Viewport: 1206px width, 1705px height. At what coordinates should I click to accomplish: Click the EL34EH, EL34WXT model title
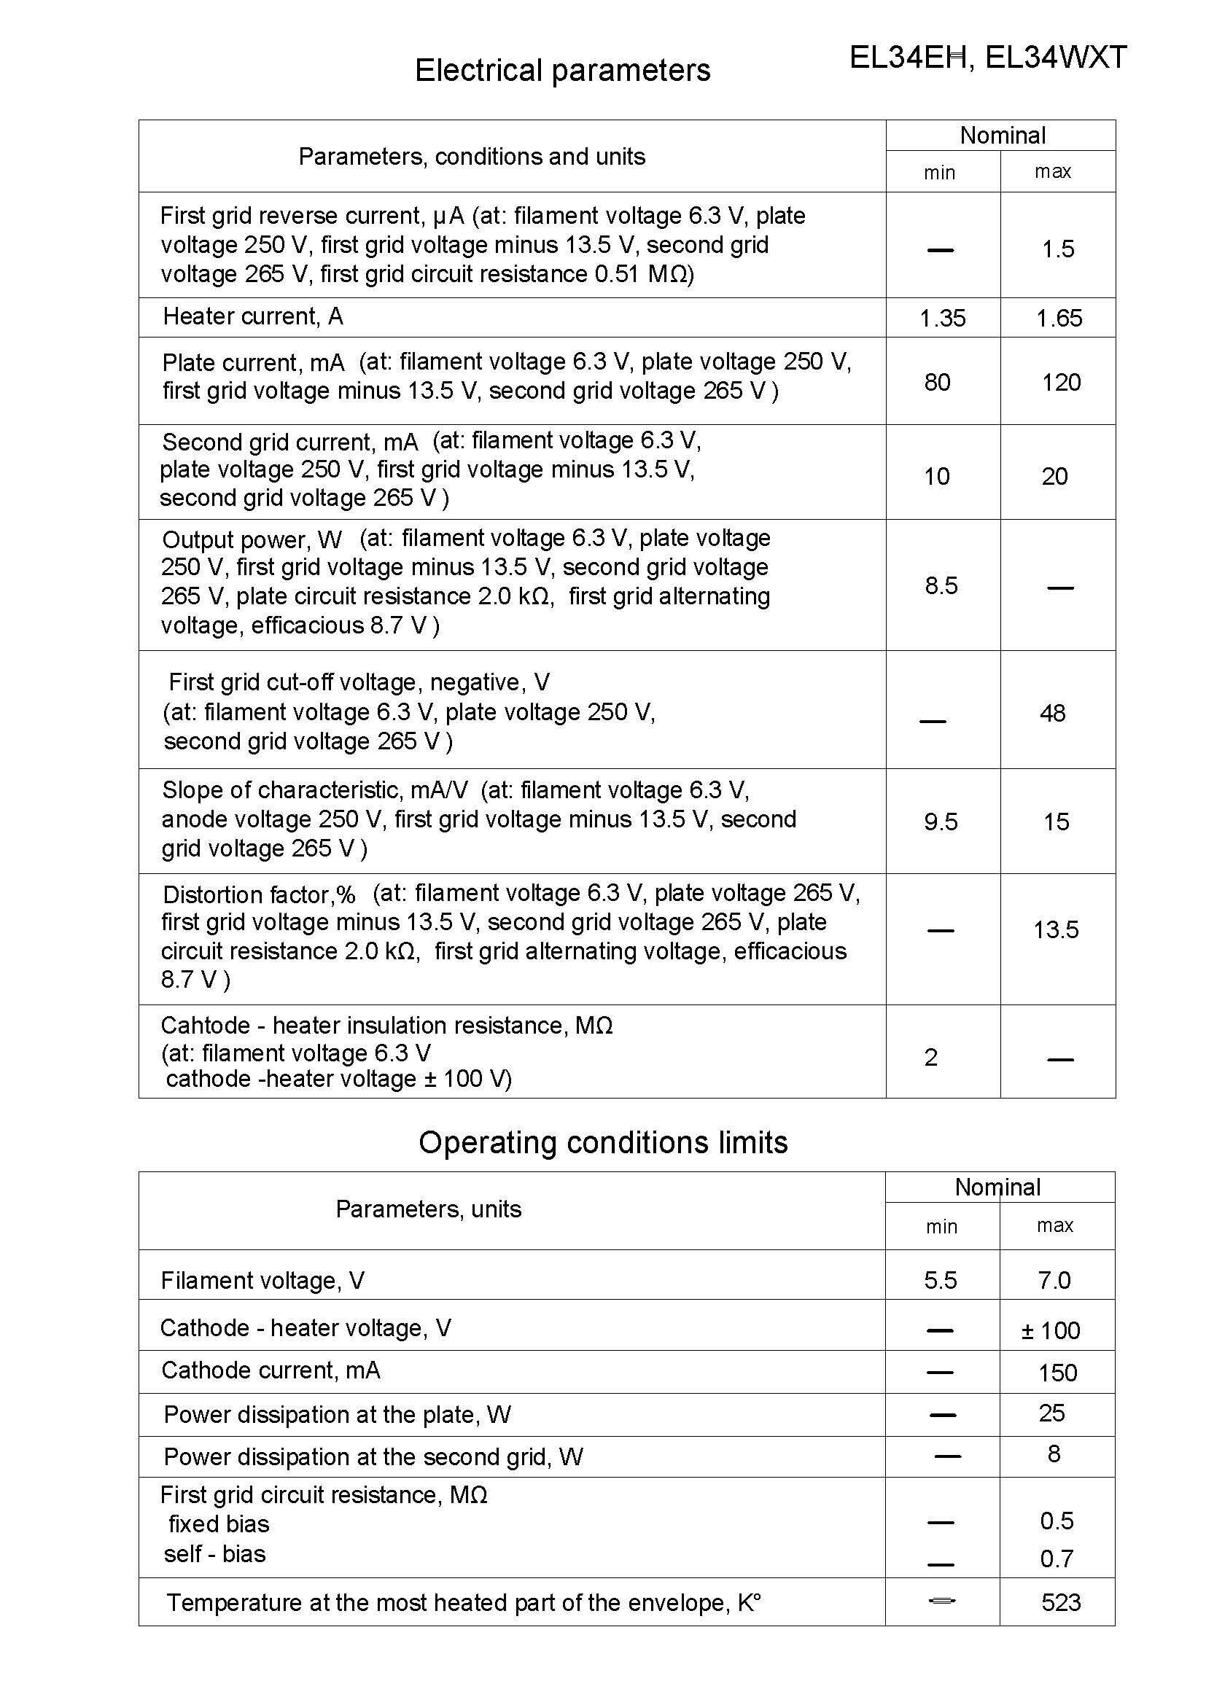click(988, 57)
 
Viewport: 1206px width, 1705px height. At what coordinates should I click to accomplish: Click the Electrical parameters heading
click(562, 71)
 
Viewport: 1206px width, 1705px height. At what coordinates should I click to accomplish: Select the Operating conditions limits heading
click(603, 1142)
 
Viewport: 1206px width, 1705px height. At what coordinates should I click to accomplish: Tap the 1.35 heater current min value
click(942, 319)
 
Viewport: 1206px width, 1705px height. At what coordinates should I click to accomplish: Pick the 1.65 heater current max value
click(1059, 319)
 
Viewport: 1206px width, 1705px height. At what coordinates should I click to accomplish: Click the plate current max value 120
click(1061, 383)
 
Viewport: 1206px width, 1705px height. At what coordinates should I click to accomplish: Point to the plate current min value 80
click(937, 383)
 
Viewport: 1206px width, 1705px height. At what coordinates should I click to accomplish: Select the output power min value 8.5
click(941, 586)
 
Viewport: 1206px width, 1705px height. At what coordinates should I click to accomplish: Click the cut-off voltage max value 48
click(1053, 714)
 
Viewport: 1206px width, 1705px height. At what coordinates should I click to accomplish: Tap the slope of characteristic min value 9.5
click(941, 822)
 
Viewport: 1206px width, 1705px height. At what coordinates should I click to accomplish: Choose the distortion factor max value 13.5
click(1056, 929)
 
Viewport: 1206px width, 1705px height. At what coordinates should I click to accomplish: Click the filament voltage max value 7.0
click(1054, 1281)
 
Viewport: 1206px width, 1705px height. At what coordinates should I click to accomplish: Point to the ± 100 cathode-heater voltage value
click(1051, 1331)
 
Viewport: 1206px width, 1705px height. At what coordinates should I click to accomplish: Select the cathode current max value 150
click(1057, 1373)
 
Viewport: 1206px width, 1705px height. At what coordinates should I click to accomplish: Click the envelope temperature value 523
click(1060, 1602)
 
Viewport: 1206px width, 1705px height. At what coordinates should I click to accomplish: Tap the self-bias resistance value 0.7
click(1057, 1558)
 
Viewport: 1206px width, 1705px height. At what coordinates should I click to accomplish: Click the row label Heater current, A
click(252, 317)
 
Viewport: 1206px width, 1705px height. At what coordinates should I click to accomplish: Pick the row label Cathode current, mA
click(271, 1371)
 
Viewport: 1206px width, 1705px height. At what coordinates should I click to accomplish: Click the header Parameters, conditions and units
click(472, 157)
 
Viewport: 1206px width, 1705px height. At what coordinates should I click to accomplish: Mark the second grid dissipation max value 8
click(1054, 1454)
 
